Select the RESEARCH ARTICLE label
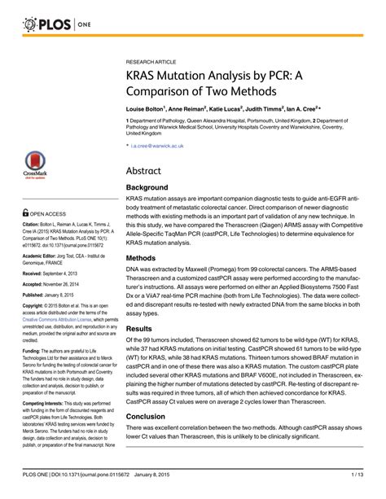pyautogui.click(x=153, y=61)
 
